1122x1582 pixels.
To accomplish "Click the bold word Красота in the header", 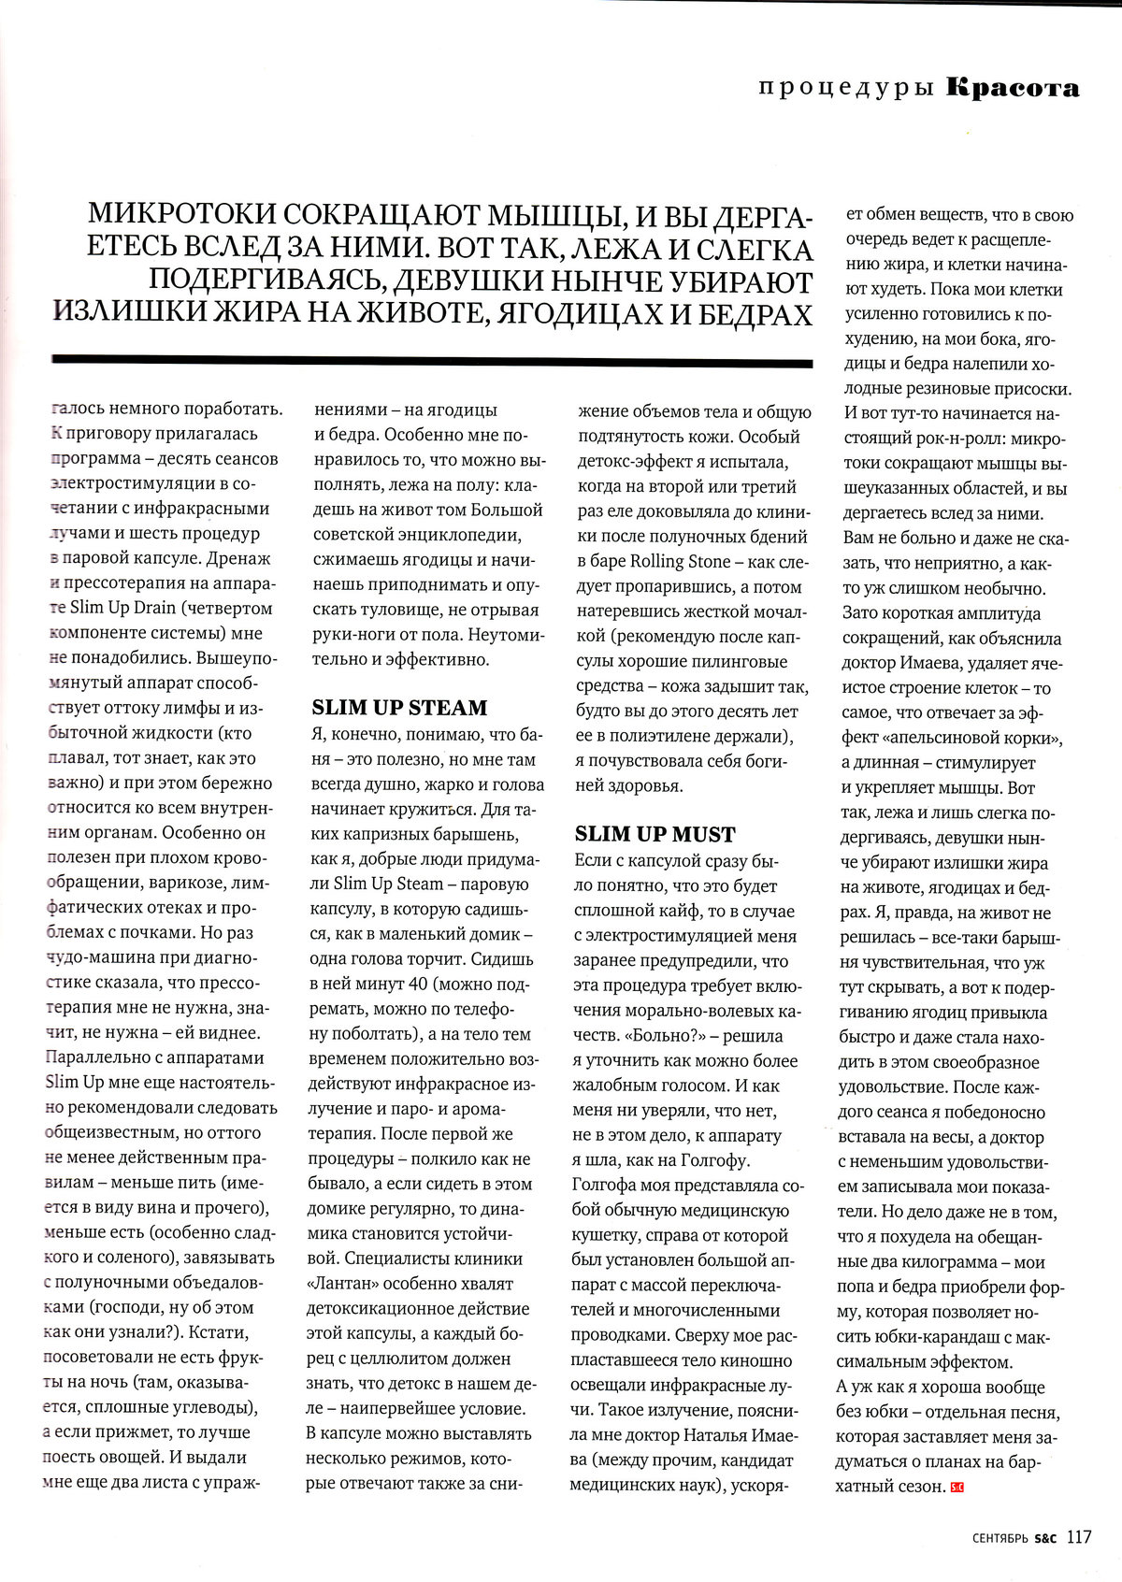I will (1013, 89).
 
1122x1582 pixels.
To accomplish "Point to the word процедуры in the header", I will (847, 89).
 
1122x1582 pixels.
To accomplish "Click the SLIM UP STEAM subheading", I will (399, 708).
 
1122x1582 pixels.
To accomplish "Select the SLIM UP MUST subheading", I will (654, 834).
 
